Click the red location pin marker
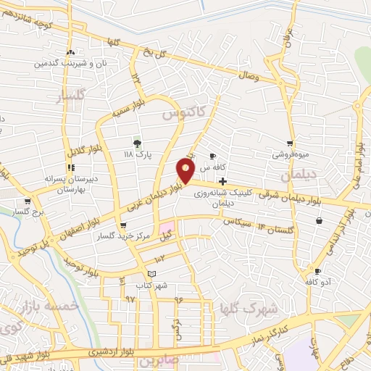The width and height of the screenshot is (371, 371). (185, 172)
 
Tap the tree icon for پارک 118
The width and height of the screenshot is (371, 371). (136, 143)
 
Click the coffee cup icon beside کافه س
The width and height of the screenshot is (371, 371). (212, 156)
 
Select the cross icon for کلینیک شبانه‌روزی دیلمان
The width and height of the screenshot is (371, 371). (222, 180)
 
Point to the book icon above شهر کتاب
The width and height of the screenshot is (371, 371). (151, 273)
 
